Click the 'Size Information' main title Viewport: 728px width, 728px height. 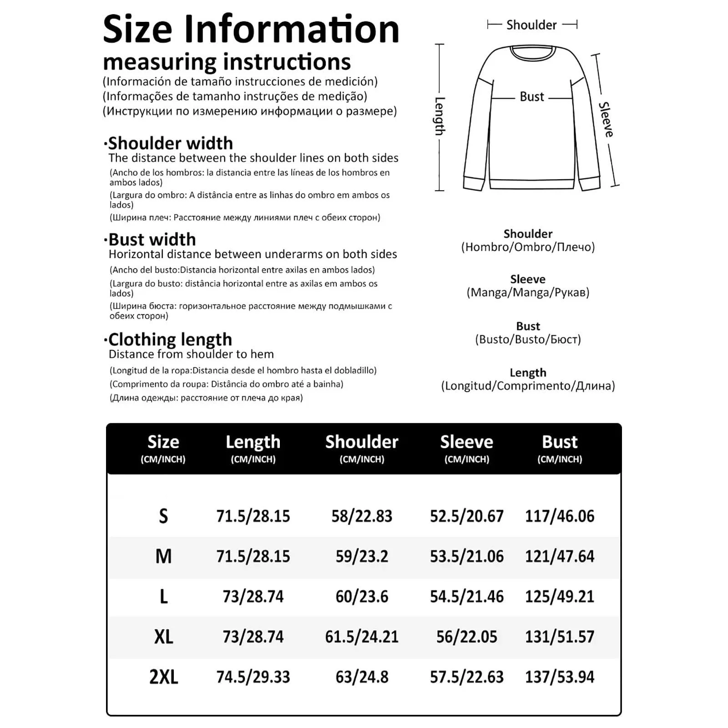coord(251,29)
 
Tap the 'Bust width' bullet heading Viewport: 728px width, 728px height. coord(152,239)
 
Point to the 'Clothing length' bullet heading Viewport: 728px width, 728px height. coord(170,339)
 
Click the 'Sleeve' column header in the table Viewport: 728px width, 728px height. coord(466,442)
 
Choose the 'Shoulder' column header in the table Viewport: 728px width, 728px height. coord(362,442)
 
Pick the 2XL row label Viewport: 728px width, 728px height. coord(163,677)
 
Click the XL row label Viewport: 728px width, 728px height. coord(163,637)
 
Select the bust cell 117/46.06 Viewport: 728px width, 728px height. coord(560,516)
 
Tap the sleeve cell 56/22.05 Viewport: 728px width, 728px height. coord(466,637)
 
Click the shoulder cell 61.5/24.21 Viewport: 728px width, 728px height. coord(362,637)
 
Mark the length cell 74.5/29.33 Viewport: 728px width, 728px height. coord(253,677)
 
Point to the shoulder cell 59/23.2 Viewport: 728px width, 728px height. coord(362,556)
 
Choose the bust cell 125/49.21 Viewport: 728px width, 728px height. coord(560,597)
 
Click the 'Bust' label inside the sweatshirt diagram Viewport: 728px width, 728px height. coord(531,97)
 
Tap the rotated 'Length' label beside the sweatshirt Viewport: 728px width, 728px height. coord(440,116)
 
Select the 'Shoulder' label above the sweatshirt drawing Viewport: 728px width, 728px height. coord(531,25)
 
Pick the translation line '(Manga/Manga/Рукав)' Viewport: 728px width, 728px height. coord(528,292)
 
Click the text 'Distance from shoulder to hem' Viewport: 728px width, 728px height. coord(191,354)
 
